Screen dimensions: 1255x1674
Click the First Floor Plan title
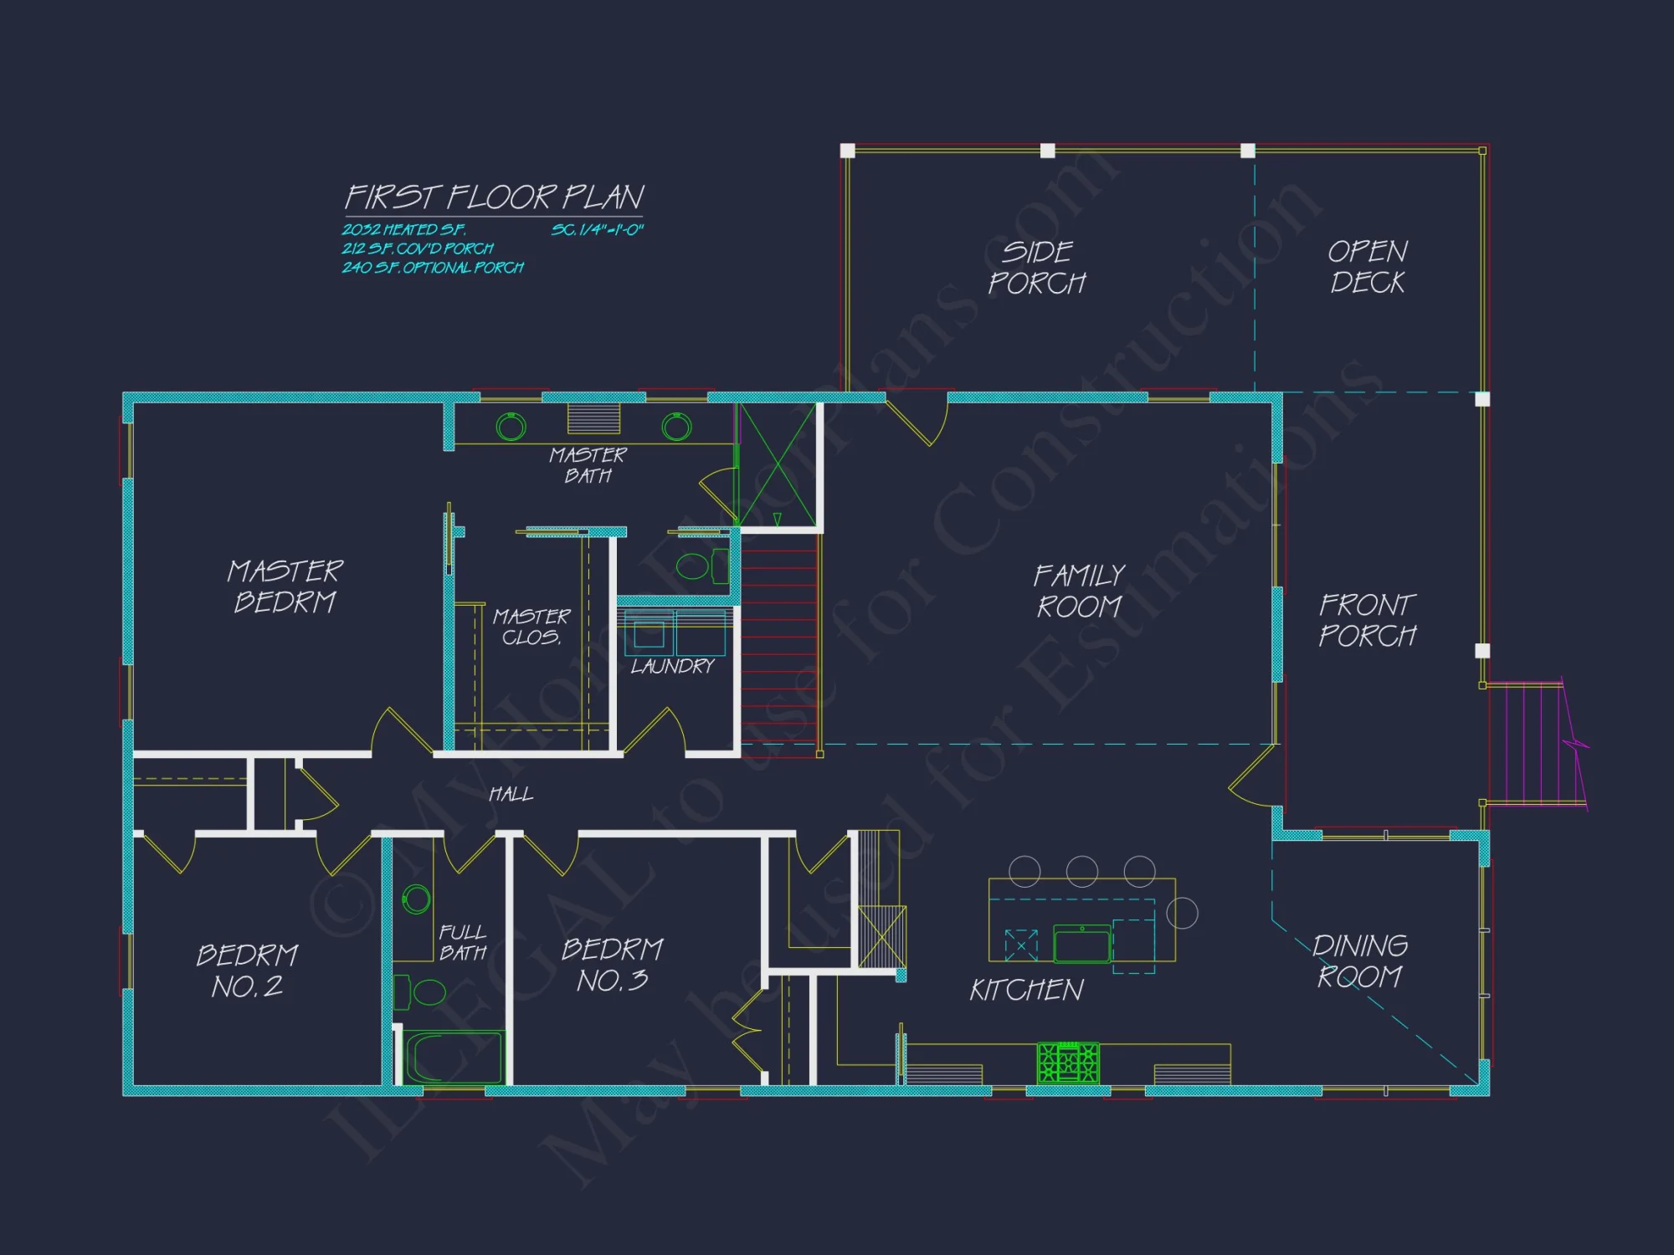point(494,197)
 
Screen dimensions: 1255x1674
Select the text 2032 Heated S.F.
point(403,229)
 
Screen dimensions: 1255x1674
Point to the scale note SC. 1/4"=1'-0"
point(597,229)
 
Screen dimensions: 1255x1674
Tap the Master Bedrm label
point(285,586)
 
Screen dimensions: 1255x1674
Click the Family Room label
point(1079,591)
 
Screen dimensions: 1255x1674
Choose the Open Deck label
point(1368,266)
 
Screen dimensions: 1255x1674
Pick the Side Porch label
point(1037,267)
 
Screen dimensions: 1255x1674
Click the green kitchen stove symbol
point(1068,1063)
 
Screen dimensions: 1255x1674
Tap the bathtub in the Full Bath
point(454,1058)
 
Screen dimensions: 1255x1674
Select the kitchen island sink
point(1081,945)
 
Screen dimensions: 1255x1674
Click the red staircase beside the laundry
point(778,644)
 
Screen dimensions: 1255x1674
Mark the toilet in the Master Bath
point(694,566)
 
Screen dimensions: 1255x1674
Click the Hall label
point(511,793)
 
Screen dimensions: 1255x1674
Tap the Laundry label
point(672,666)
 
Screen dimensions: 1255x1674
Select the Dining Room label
point(1359,960)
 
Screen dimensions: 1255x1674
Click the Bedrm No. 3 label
point(612,964)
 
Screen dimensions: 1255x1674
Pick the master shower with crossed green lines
point(777,465)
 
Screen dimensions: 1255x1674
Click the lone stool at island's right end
point(1182,913)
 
